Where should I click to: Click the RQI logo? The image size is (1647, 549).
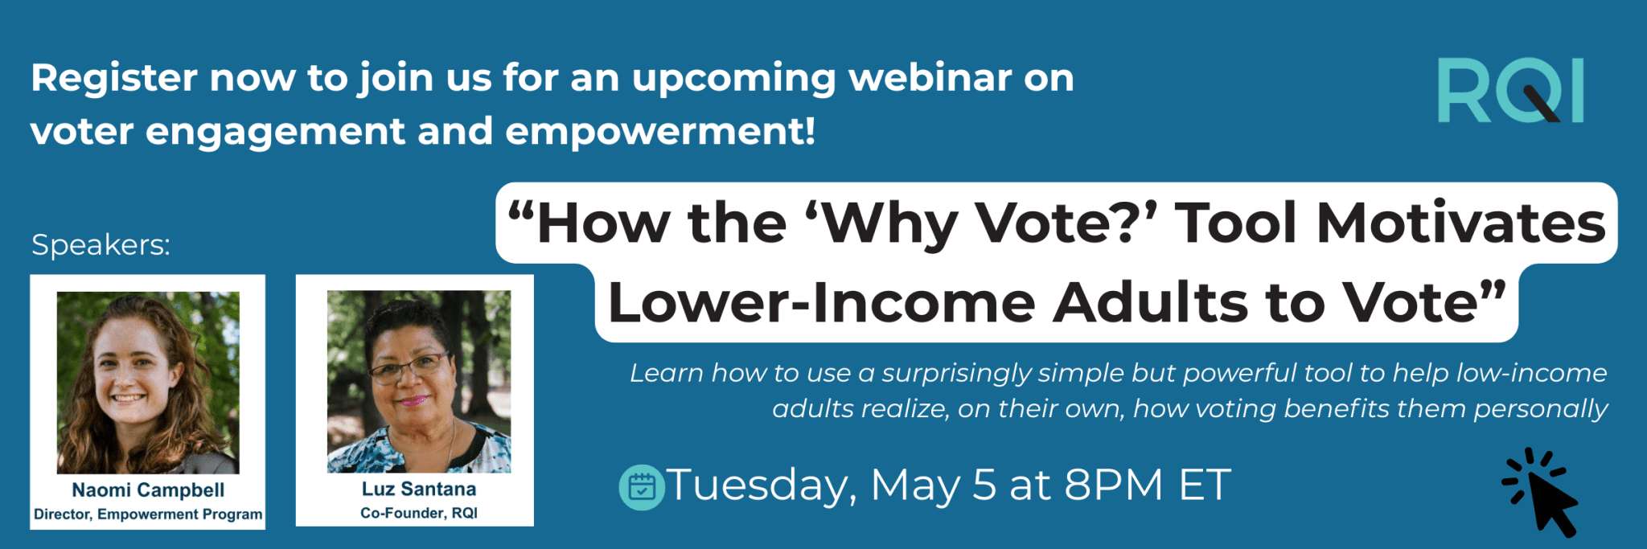pos(1509,90)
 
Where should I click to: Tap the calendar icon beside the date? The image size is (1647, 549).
pos(641,487)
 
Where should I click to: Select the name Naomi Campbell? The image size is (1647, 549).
pos(148,490)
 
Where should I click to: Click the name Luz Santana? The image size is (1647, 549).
pos(418,489)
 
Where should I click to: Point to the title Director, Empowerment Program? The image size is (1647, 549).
pos(148,514)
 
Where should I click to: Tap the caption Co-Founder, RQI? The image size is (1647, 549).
pos(418,513)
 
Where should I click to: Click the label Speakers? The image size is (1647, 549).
pos(101,244)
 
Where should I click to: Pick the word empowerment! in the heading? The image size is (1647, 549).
pos(659,131)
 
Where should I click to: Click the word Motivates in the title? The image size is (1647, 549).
pos(1460,223)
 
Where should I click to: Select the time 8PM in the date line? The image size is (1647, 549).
pos(1114,485)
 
